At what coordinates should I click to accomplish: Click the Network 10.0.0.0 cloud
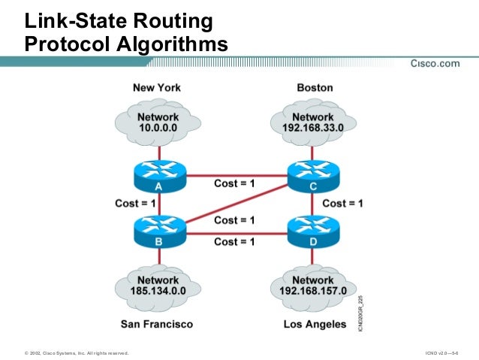(158, 122)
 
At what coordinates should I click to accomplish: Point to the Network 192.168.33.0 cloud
(313, 122)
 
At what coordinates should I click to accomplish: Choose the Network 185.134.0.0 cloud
(158, 285)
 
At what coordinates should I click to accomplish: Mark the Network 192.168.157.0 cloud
(313, 285)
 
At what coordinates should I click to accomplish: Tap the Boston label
(315, 88)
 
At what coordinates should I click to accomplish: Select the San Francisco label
(157, 325)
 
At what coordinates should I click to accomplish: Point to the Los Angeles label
(315, 325)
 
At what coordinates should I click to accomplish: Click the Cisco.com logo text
(435, 64)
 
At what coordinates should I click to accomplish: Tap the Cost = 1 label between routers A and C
(234, 184)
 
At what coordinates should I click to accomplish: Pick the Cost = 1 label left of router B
(135, 203)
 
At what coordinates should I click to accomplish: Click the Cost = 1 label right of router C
(342, 203)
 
